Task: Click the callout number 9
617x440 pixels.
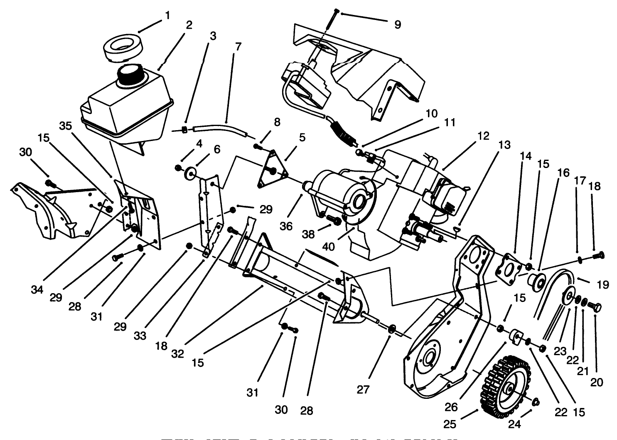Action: coord(397,25)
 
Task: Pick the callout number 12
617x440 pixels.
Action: coord(483,136)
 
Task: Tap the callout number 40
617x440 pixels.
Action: coord(328,246)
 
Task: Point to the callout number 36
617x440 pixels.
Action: coord(286,226)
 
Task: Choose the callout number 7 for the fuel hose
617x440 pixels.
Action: coord(237,47)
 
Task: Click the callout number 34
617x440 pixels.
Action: coord(37,289)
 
